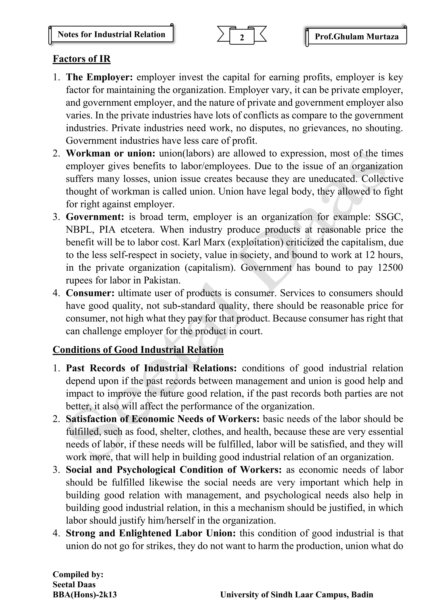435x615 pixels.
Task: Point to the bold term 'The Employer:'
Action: point(99,77)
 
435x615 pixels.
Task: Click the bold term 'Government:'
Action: point(95,217)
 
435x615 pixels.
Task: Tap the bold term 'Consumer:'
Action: point(90,293)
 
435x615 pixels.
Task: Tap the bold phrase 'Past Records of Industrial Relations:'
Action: point(151,368)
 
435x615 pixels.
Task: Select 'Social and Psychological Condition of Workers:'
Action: point(174,470)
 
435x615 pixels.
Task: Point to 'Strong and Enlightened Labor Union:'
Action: point(151,533)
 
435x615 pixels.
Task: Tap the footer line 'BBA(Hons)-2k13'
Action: point(85,595)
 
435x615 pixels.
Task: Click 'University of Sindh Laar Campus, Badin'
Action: point(297,595)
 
